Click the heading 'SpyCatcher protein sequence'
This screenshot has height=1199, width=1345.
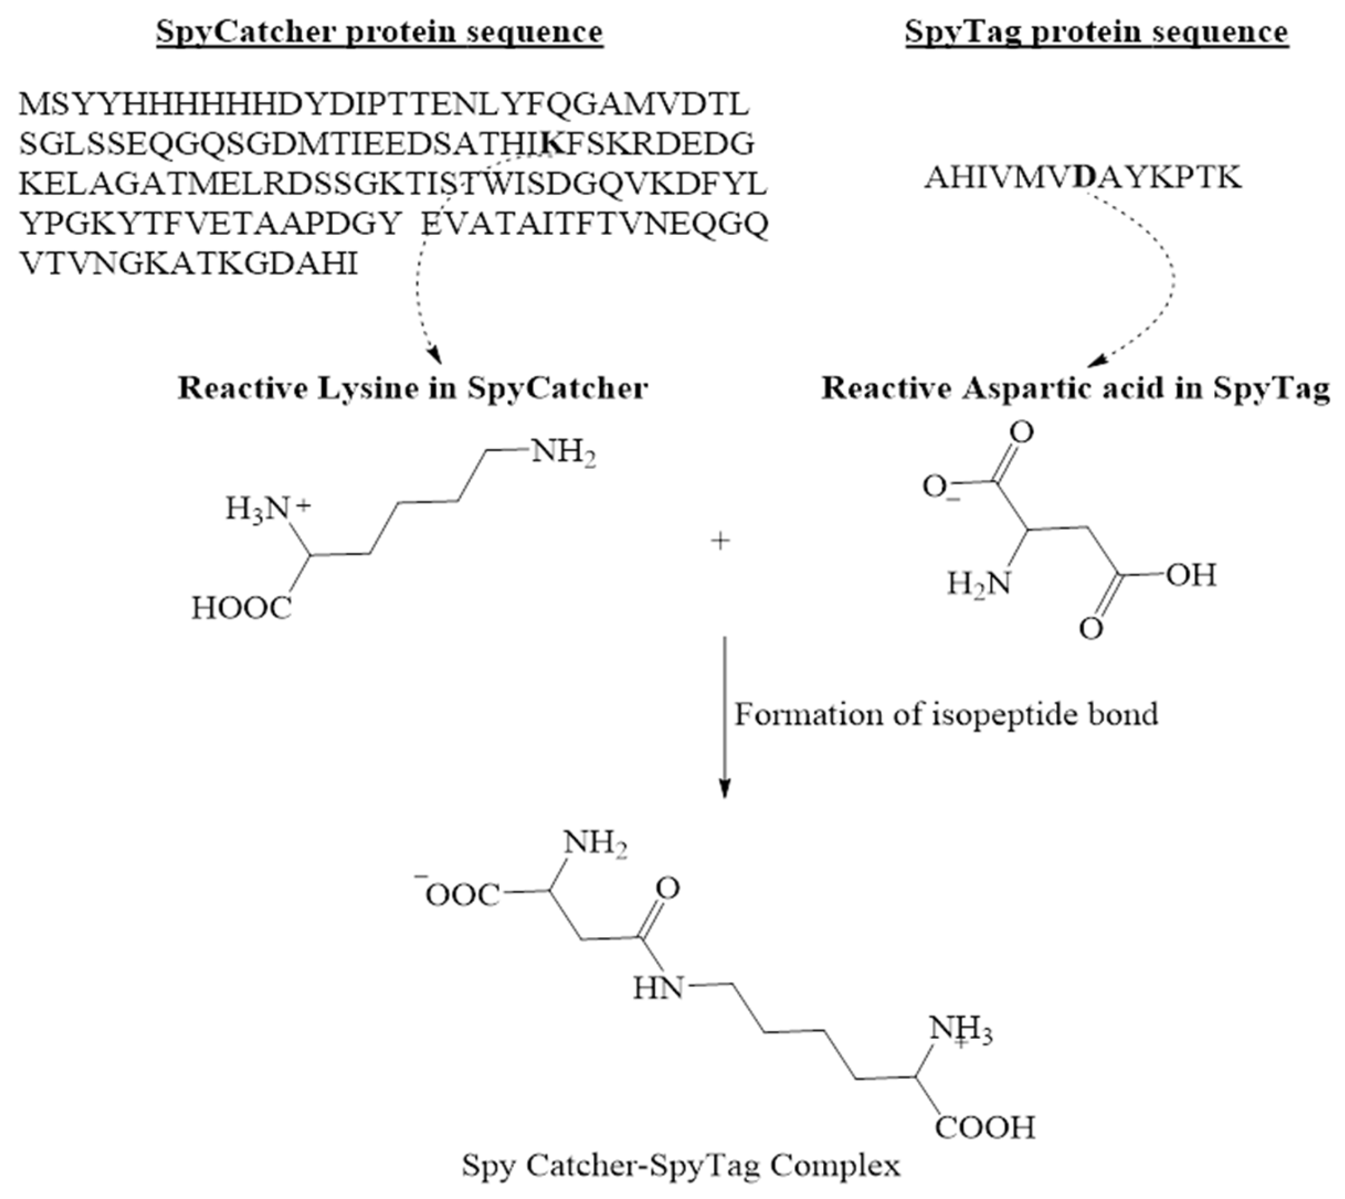coord(380,32)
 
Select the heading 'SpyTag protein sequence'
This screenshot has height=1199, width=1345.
coord(1097,32)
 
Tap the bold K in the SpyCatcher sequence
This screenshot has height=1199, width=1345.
coord(552,144)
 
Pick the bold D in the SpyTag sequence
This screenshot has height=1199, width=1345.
coord(1084,177)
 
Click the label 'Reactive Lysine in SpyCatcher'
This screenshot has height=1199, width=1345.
coord(413,388)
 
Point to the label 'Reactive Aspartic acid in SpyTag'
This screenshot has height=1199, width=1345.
coord(1075,388)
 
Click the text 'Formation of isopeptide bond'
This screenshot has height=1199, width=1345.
coord(946,714)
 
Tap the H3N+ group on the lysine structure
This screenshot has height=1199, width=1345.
coord(268,509)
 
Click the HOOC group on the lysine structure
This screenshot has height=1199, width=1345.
coord(241,608)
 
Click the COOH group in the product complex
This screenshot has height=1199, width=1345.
coord(985,1127)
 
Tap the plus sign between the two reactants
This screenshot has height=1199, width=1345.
coord(721,541)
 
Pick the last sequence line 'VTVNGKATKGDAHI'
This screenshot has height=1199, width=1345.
coord(188,264)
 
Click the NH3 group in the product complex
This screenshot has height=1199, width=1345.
coord(959,1032)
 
